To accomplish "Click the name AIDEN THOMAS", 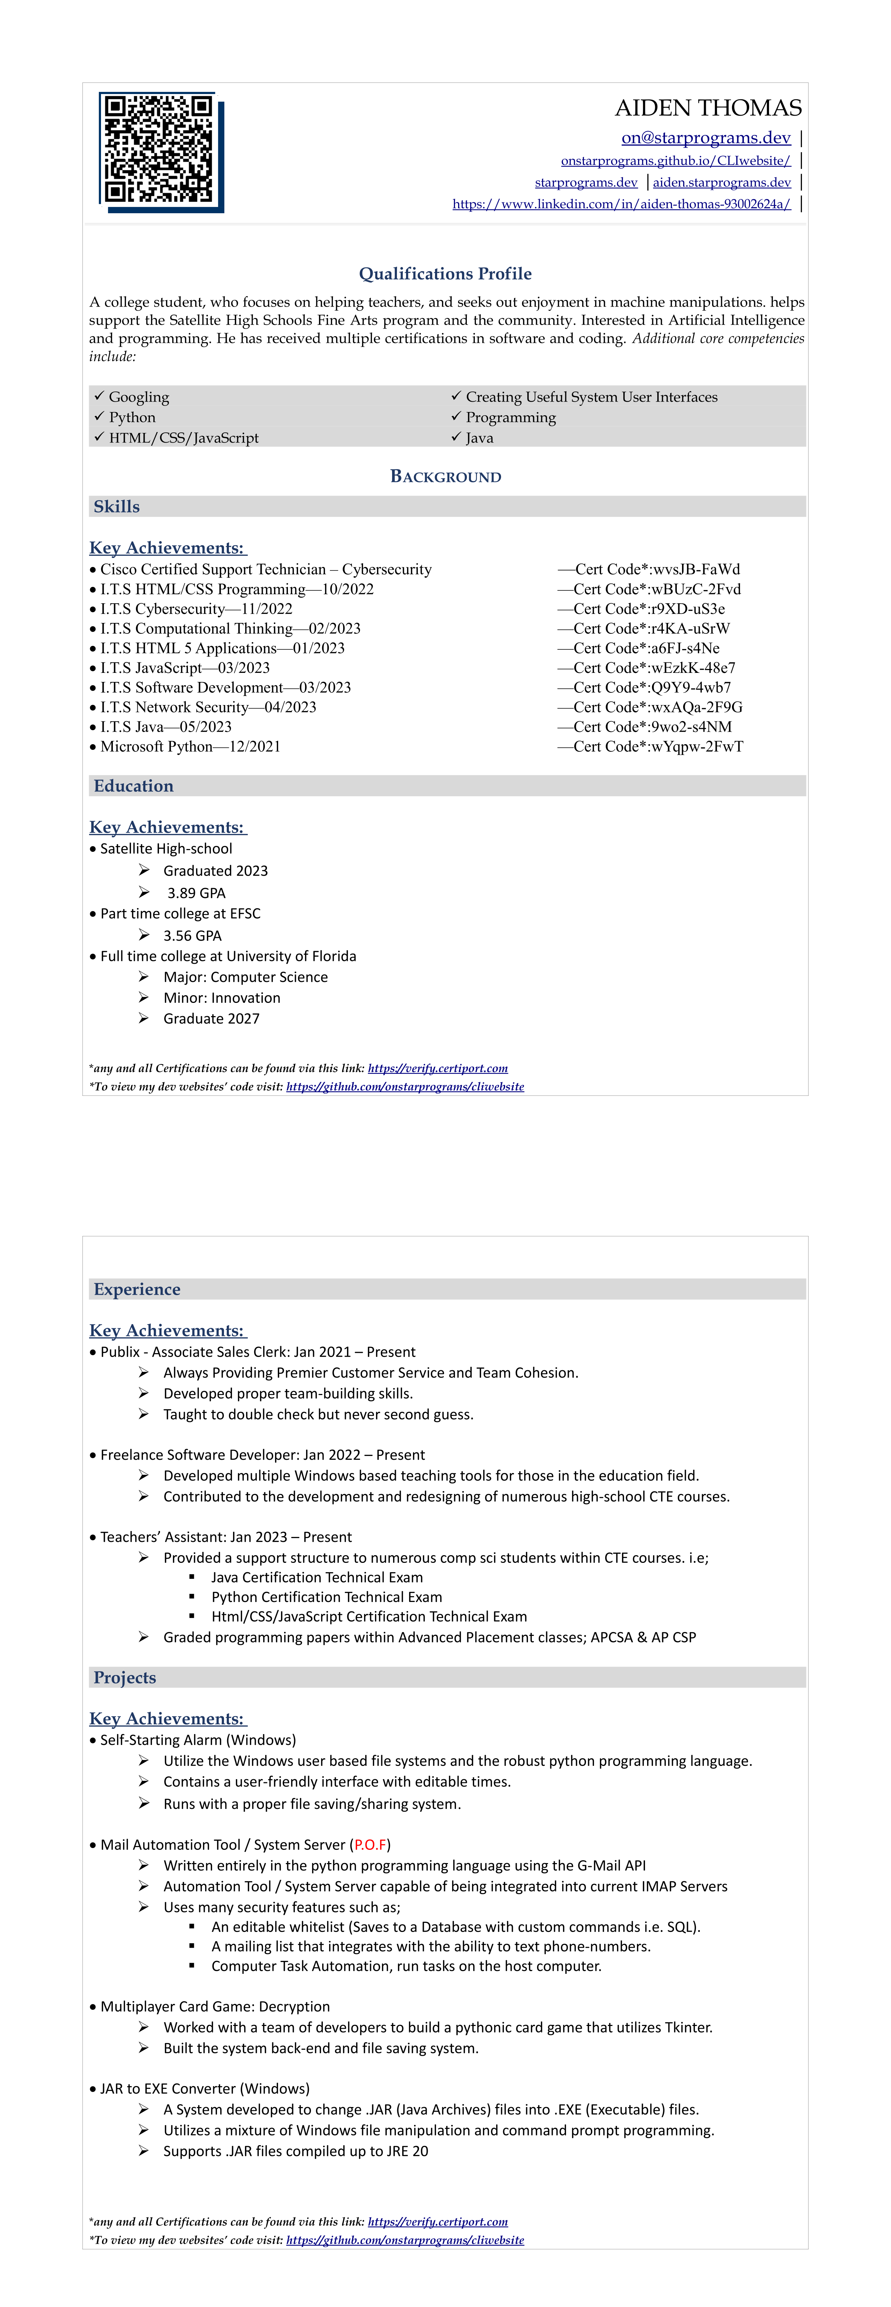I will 708,108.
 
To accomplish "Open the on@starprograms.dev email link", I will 705,138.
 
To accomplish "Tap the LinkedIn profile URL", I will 622,204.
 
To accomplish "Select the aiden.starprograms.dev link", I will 722,183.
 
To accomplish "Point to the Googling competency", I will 139,397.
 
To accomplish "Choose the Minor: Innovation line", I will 221,998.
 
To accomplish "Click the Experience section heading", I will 137,1289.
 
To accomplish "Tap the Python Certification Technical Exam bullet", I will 326,1597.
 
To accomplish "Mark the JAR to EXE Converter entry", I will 205,2089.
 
